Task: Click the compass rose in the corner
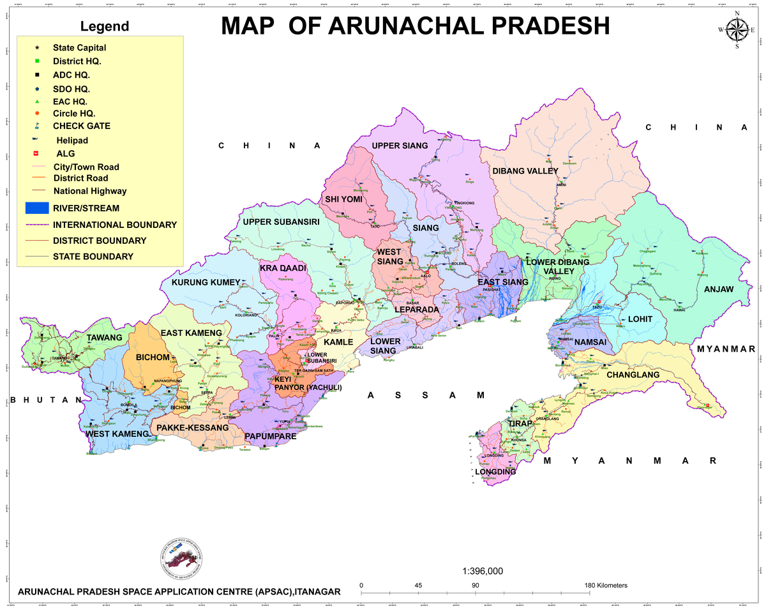[737, 29]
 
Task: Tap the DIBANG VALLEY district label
[525, 171]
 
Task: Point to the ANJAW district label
[719, 289]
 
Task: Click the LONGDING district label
[495, 472]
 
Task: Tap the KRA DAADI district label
[283, 268]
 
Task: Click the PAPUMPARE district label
[271, 437]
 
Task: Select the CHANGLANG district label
[633, 375]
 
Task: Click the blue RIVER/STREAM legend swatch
[37, 208]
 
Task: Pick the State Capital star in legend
[37, 48]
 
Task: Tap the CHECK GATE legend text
[81, 126]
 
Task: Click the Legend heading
[104, 27]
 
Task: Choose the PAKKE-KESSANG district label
[192, 427]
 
